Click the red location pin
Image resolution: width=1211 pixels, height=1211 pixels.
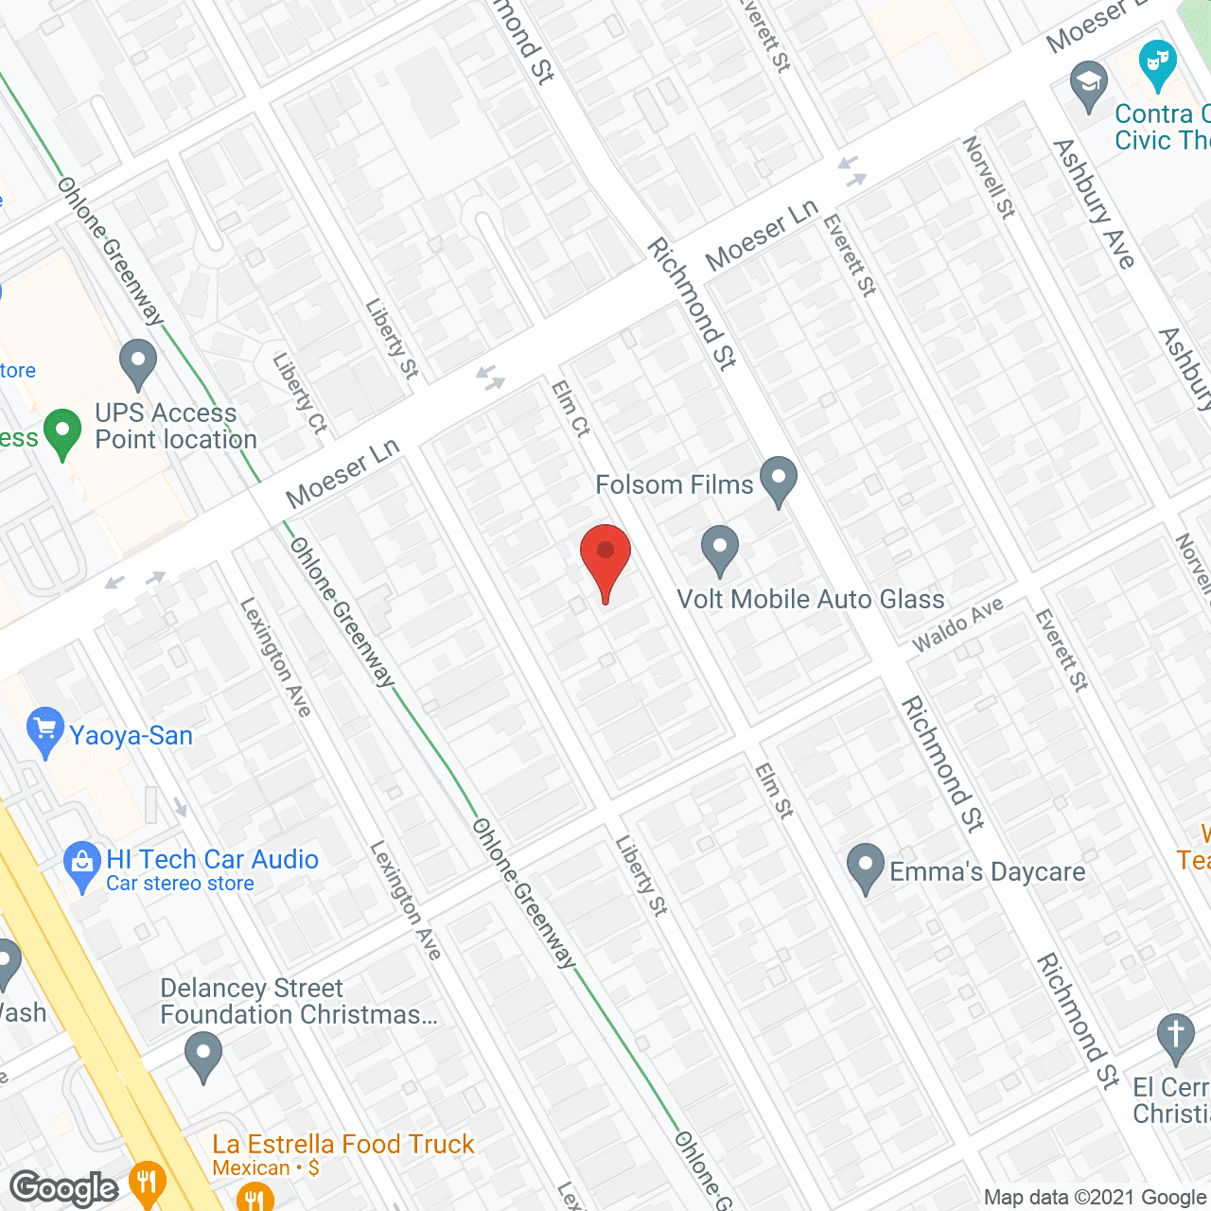(x=605, y=558)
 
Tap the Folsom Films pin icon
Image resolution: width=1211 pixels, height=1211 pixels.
(x=779, y=479)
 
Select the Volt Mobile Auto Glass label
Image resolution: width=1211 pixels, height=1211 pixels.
(x=810, y=599)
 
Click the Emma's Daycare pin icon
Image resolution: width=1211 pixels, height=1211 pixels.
(x=865, y=867)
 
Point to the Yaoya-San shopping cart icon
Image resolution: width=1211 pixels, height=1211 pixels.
(x=44, y=731)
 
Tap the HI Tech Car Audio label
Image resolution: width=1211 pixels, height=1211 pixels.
(x=212, y=859)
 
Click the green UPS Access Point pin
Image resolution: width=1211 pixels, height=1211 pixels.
(x=62, y=432)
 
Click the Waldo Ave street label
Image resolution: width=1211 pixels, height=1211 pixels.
(x=957, y=624)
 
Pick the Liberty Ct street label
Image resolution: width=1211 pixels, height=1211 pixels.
(x=299, y=394)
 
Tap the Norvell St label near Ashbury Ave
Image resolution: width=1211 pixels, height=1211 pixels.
(x=988, y=177)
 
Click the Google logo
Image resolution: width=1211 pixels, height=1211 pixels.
(x=64, y=1188)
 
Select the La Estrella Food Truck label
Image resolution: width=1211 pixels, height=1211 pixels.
(x=342, y=1144)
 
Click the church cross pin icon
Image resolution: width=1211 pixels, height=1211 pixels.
(x=1175, y=1037)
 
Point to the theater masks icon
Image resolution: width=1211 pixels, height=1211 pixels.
(x=1157, y=64)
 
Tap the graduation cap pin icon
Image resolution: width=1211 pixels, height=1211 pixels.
(x=1089, y=84)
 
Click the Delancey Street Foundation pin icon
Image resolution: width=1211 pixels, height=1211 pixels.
(x=202, y=1054)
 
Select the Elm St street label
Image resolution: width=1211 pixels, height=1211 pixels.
(x=774, y=790)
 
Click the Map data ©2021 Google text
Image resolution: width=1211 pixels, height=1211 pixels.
(x=1096, y=1197)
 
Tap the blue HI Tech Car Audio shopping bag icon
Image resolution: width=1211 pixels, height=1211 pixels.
(x=82, y=864)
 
